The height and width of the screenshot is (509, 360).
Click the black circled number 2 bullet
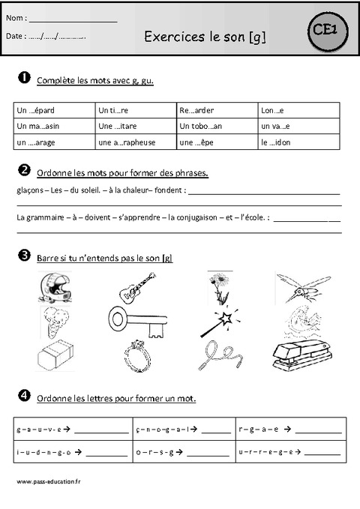[x=24, y=169]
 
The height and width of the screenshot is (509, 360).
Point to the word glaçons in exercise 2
[x=28, y=190]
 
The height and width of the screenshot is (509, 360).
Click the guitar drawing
[x=136, y=286]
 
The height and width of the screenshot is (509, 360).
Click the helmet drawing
[x=54, y=288]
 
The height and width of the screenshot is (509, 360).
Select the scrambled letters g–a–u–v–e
[x=39, y=430]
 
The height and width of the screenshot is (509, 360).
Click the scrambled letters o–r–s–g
[x=156, y=452]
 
